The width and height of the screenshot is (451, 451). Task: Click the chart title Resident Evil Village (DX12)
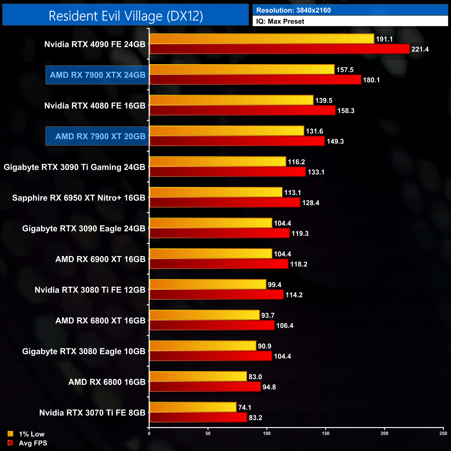click(126, 16)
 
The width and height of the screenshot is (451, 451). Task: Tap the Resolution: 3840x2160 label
click(293, 10)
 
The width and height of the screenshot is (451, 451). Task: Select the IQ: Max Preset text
click(280, 21)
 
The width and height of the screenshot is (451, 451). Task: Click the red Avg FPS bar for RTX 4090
click(279, 49)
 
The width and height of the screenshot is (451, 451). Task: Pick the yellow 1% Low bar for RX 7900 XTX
click(242, 69)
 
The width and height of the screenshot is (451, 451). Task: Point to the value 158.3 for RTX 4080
click(346, 111)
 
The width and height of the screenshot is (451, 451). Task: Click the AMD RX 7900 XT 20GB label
click(100, 136)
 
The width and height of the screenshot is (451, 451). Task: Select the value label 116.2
click(296, 162)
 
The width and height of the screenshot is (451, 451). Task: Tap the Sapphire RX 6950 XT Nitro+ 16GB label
click(79, 198)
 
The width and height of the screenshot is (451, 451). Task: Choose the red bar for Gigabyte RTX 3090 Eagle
click(219, 233)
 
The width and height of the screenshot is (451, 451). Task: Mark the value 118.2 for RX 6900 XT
click(299, 264)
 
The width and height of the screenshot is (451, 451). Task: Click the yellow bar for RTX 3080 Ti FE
click(208, 284)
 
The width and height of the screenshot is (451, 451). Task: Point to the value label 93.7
click(268, 315)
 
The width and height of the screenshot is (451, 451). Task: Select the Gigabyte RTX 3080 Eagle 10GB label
click(84, 351)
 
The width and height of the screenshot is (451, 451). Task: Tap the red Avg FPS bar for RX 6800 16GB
click(205, 387)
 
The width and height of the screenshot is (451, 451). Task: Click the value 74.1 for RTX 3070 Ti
click(245, 408)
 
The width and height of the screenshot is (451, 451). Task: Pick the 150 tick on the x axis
click(325, 433)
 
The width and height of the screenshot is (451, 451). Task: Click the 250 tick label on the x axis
click(443, 433)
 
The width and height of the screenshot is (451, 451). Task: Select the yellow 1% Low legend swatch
click(10, 434)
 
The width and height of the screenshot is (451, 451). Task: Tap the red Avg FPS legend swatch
click(10, 443)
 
